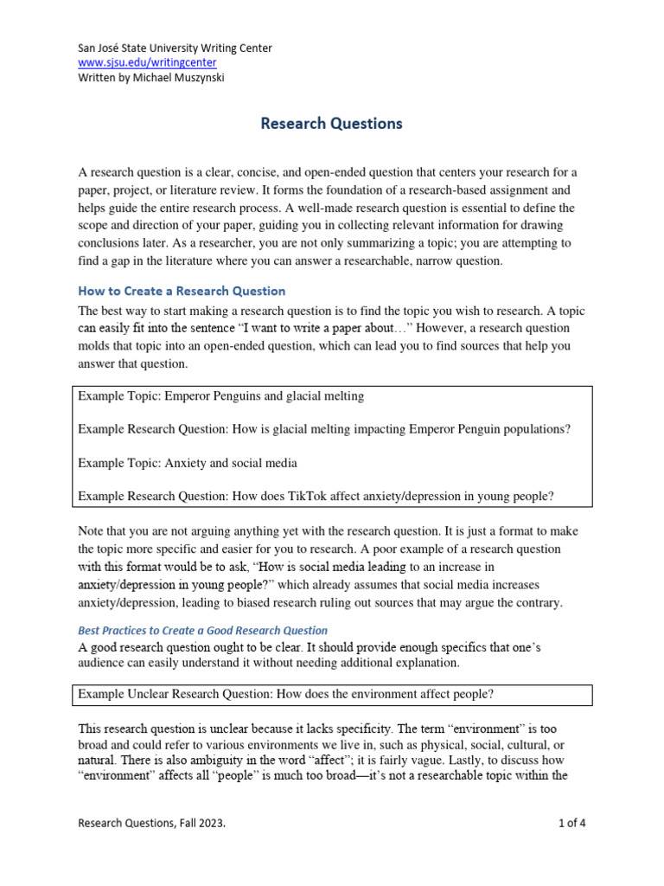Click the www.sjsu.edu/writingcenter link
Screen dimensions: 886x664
pyautogui.click(x=147, y=63)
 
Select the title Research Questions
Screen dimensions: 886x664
pyautogui.click(x=331, y=124)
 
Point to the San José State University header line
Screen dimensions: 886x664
pyautogui.click(x=175, y=48)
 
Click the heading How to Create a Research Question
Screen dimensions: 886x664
pyautogui.click(x=182, y=291)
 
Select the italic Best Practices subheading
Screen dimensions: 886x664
pyautogui.click(x=202, y=630)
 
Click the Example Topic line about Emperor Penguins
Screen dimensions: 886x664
pyautogui.click(x=221, y=395)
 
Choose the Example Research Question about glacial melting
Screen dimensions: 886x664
pyautogui.click(x=324, y=429)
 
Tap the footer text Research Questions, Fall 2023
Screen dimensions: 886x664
pyautogui.click(x=152, y=824)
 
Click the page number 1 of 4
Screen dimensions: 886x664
pyautogui.click(x=571, y=824)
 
